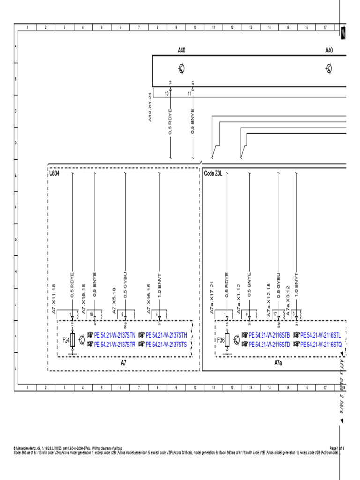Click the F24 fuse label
pyautogui.click(x=67, y=340)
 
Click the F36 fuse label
pyautogui.click(x=221, y=340)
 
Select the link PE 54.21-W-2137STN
pyautogui.click(x=114, y=336)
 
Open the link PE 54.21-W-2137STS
pyautogui.click(x=167, y=345)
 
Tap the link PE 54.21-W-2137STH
pyautogui.click(x=167, y=336)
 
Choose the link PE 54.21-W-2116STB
pyautogui.click(x=269, y=336)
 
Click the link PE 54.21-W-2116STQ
pyautogui.click(x=321, y=345)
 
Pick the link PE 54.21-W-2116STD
pyautogui.click(x=269, y=345)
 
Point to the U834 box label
pyautogui.click(x=56, y=173)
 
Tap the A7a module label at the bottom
pyautogui.click(x=278, y=363)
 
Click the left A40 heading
pyautogui.click(x=181, y=50)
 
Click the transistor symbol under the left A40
pyautogui.click(x=181, y=69)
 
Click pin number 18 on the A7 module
pyautogui.click(x=91, y=315)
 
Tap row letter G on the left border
pyautogui.click(x=16, y=239)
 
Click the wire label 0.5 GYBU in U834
pyautogui.click(x=125, y=285)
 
